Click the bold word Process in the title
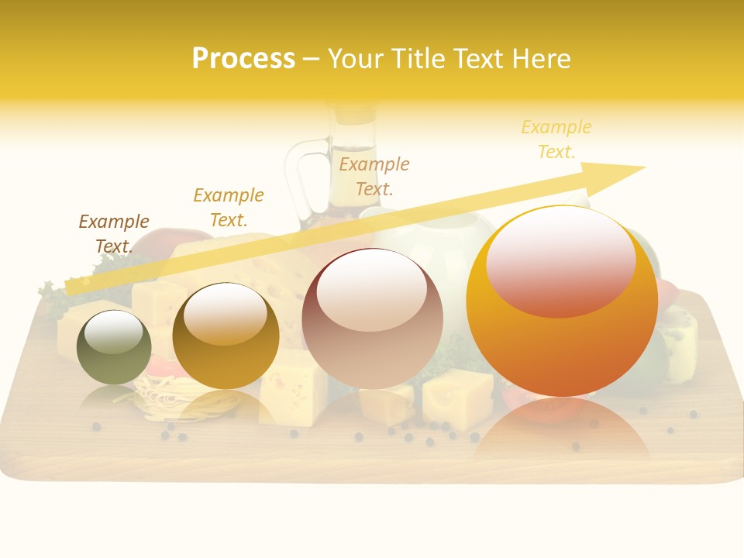[x=243, y=59]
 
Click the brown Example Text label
[x=114, y=233]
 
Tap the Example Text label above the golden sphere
[x=229, y=207]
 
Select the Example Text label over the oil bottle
[x=374, y=176]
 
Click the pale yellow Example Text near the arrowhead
[x=556, y=139]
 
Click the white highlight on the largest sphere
[x=560, y=261]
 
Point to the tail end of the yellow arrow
[x=71, y=288]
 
